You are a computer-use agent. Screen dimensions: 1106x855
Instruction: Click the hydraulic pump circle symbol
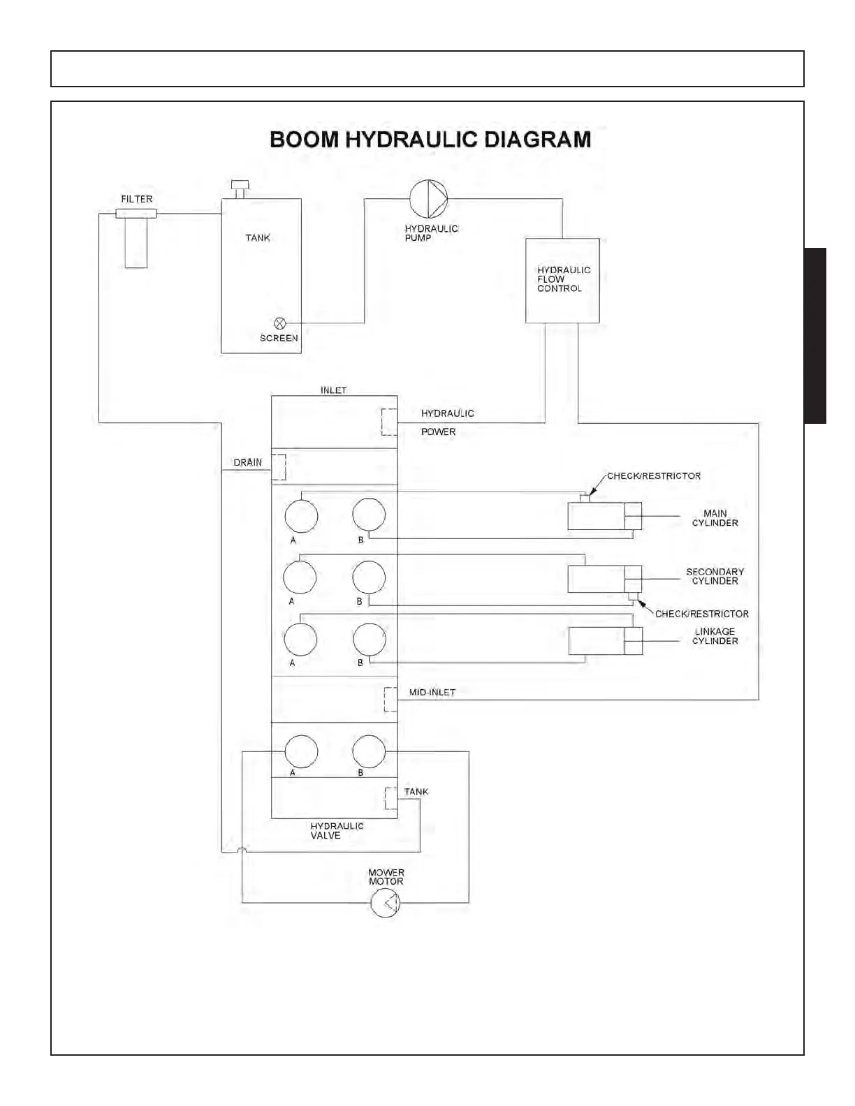tap(428, 199)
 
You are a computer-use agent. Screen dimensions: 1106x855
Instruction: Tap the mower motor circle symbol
tap(386, 904)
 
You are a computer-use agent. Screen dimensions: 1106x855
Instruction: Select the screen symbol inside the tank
tap(279, 323)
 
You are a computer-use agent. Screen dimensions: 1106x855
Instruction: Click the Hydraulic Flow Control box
tap(562, 281)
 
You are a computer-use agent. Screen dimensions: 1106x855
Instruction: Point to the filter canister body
tap(136, 242)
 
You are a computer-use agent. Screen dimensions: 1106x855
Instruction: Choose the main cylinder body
tap(597, 516)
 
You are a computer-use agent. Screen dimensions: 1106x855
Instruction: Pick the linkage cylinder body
tap(597, 641)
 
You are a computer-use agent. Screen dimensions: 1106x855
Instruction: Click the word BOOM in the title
tap(305, 140)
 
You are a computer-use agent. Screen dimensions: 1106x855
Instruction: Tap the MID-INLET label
tap(432, 693)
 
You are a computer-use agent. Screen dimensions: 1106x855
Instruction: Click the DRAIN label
tap(248, 462)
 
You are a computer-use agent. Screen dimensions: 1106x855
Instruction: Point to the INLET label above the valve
tap(333, 390)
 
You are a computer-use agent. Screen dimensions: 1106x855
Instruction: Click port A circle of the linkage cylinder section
tap(300, 638)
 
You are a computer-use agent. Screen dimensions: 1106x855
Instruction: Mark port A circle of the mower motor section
tap(301, 751)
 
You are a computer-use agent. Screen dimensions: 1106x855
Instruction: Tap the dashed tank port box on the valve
tap(390, 797)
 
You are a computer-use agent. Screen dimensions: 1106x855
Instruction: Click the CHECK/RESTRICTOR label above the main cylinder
tap(654, 476)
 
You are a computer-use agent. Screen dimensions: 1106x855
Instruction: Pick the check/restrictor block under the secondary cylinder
tap(633, 596)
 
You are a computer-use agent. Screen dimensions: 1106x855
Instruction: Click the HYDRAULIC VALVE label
tap(337, 831)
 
